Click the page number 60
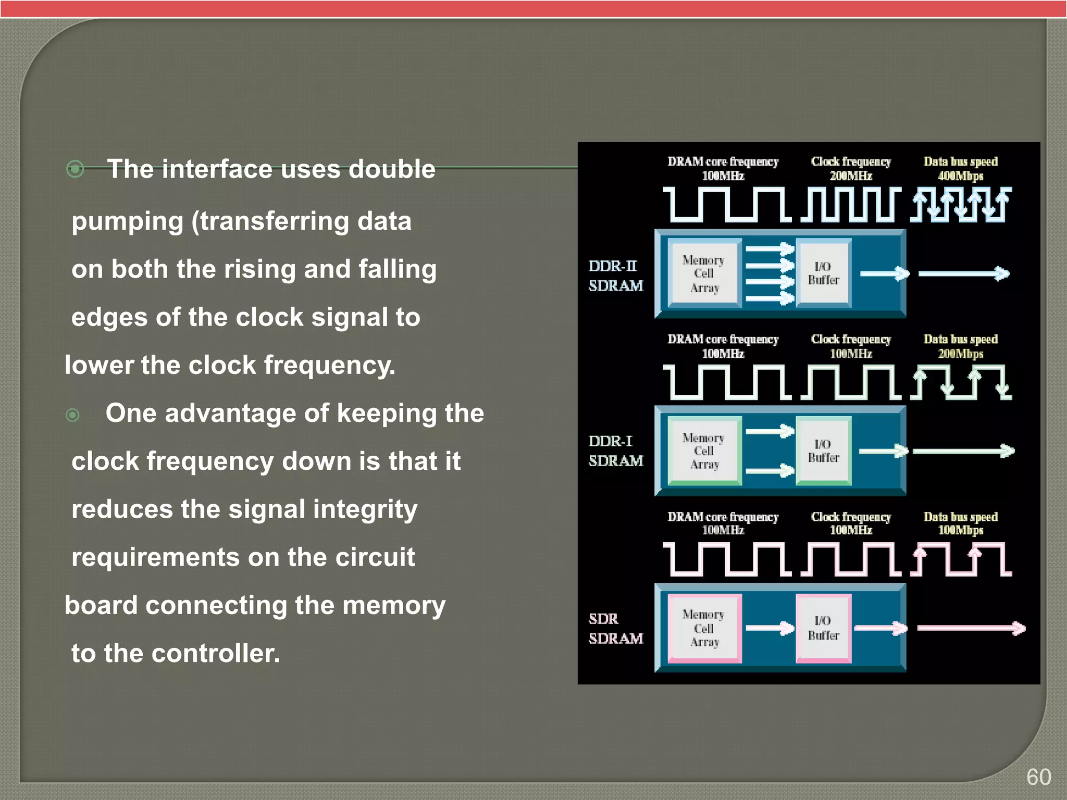pyautogui.click(x=1038, y=777)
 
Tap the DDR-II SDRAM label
pyautogui.click(x=615, y=276)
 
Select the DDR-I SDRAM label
pyautogui.click(x=615, y=451)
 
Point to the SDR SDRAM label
pyautogui.click(x=615, y=629)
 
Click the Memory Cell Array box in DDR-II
pyautogui.click(x=704, y=273)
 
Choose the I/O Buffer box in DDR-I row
pyautogui.click(x=823, y=451)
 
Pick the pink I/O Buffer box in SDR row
pyautogui.click(x=823, y=628)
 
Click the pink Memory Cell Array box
pyautogui.click(x=704, y=628)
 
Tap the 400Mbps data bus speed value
pyautogui.click(x=960, y=176)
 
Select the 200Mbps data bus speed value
pyautogui.click(x=960, y=354)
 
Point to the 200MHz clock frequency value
pyautogui.click(x=851, y=176)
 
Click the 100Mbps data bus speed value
pyautogui.click(x=960, y=530)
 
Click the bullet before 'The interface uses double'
pyautogui.click(x=76, y=169)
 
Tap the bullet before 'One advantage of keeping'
pyautogui.click(x=73, y=415)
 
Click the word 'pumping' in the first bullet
pyautogui.click(x=128, y=222)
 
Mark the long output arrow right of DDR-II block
pyautogui.click(x=964, y=273)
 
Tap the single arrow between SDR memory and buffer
pyautogui.click(x=770, y=628)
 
